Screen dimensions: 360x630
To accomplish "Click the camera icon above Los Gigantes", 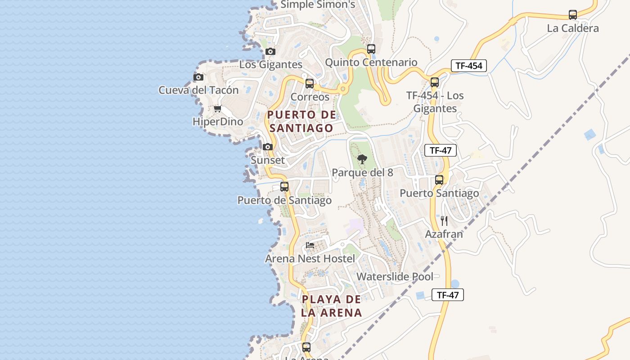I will pos(270,51).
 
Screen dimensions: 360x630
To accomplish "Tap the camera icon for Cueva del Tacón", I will pos(198,77).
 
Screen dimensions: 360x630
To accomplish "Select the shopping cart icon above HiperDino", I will pos(218,108).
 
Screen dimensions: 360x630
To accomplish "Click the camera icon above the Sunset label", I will pos(268,147).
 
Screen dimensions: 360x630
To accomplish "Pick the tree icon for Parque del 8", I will pos(362,159).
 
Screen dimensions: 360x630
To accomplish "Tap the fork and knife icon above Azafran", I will pos(444,220).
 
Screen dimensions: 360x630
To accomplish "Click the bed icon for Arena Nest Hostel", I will pos(310,245).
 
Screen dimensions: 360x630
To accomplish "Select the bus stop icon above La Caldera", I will pos(573,15).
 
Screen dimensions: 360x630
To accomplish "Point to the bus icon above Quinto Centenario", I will pos(371,49).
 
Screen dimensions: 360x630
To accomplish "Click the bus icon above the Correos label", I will pos(310,83).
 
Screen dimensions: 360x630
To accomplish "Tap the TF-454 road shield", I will pos(468,66).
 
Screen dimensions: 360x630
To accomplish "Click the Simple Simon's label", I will pos(318,5).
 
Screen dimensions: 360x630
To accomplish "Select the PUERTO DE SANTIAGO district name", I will pos(301,121).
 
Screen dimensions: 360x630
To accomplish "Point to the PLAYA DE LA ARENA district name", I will pos(332,306).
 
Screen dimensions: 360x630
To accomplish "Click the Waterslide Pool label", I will pos(395,276).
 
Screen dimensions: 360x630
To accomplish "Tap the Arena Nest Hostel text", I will pos(310,259).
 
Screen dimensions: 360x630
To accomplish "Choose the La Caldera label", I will pos(573,28).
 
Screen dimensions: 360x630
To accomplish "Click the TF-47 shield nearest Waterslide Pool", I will pos(447,295).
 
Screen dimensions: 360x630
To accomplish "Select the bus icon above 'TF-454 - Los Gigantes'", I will pos(434,82).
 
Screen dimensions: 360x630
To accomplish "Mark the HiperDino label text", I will pos(218,122).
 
